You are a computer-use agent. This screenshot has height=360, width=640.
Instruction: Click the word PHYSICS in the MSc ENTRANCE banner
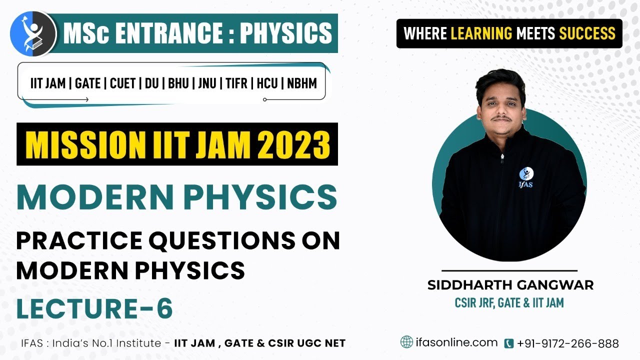(x=285, y=33)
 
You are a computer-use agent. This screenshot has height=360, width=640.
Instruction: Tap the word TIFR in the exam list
(x=236, y=83)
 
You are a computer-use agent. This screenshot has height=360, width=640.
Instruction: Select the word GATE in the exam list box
(x=87, y=83)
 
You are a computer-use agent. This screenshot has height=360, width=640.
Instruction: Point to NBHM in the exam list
(x=302, y=83)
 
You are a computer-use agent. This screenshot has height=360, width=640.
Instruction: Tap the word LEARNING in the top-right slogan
(x=481, y=33)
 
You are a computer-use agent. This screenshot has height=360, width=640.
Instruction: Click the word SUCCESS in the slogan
(x=587, y=33)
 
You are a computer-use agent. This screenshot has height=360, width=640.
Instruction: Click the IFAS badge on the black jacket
(x=526, y=175)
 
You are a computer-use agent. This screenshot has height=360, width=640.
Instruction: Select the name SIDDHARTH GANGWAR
(x=510, y=285)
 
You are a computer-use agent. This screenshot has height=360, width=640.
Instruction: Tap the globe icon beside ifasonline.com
(x=406, y=342)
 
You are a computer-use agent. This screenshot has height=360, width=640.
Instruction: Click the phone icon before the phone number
(x=509, y=343)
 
